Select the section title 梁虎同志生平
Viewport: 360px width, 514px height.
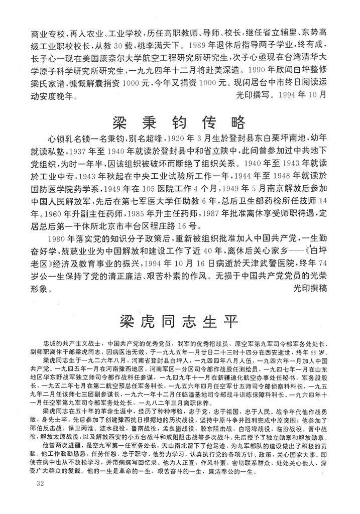(x=178, y=320)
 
